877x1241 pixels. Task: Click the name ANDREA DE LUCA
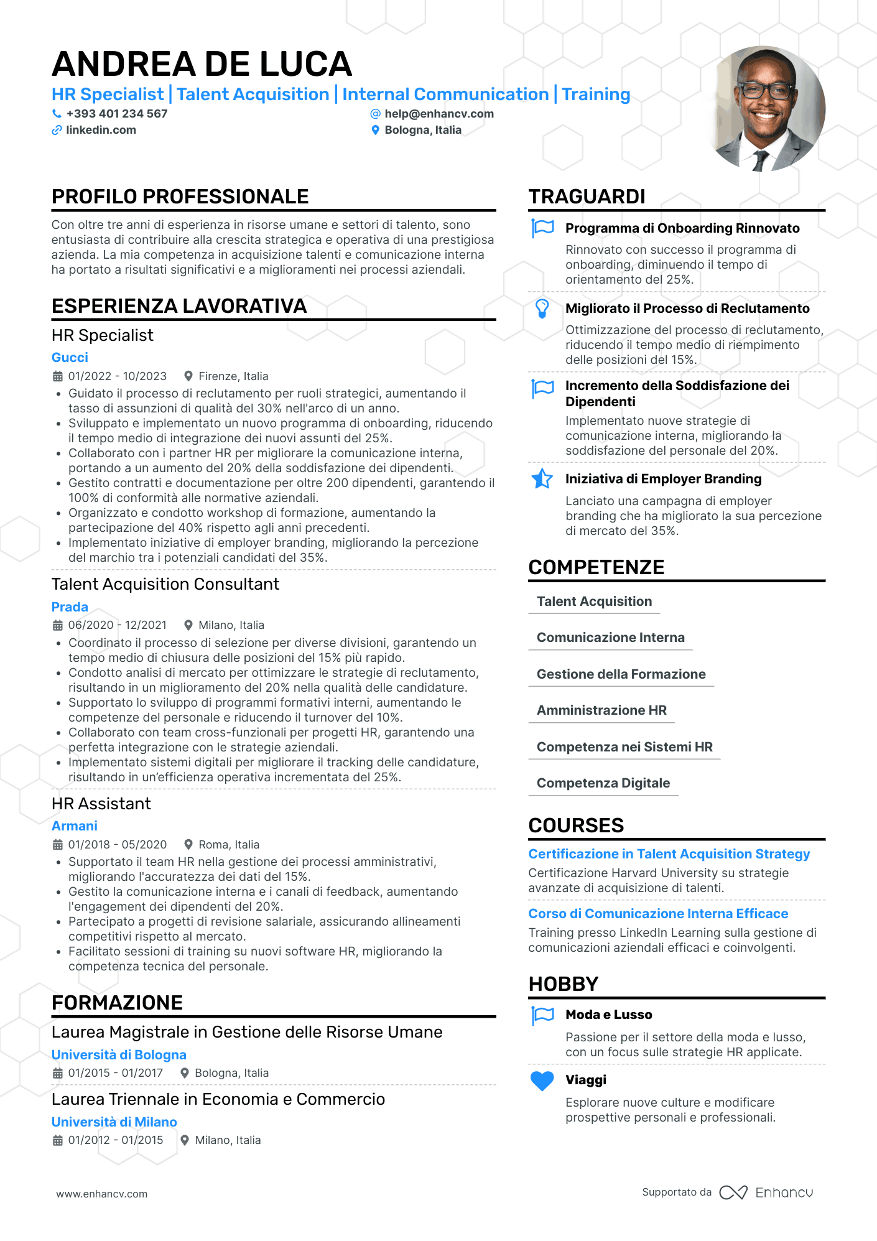pyautogui.click(x=202, y=64)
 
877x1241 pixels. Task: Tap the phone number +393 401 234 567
pyautogui.click(x=116, y=114)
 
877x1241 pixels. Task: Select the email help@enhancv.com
pyautogui.click(x=438, y=114)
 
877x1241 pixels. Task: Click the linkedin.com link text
pyautogui.click(x=101, y=130)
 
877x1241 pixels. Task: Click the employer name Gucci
pyautogui.click(x=70, y=358)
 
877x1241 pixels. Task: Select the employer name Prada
pyautogui.click(x=70, y=607)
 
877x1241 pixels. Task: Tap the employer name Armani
pyautogui.click(x=74, y=826)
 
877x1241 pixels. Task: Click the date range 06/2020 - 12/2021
pyautogui.click(x=117, y=625)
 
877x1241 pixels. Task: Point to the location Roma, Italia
pyautogui.click(x=228, y=845)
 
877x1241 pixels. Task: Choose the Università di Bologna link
pyautogui.click(x=119, y=1055)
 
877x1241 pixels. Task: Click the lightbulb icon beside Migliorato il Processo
pyautogui.click(x=542, y=309)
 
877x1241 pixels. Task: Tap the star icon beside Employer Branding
pyautogui.click(x=542, y=479)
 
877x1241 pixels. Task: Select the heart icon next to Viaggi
pyautogui.click(x=542, y=1081)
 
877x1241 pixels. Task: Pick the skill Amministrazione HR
pyautogui.click(x=601, y=710)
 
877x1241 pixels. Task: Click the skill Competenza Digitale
pyautogui.click(x=603, y=783)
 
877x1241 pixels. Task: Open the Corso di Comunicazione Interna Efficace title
pyautogui.click(x=658, y=914)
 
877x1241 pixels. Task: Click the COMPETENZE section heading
pyautogui.click(x=596, y=567)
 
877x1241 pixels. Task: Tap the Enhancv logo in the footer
pyautogui.click(x=766, y=1192)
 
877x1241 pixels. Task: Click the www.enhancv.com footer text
pyautogui.click(x=102, y=1194)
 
